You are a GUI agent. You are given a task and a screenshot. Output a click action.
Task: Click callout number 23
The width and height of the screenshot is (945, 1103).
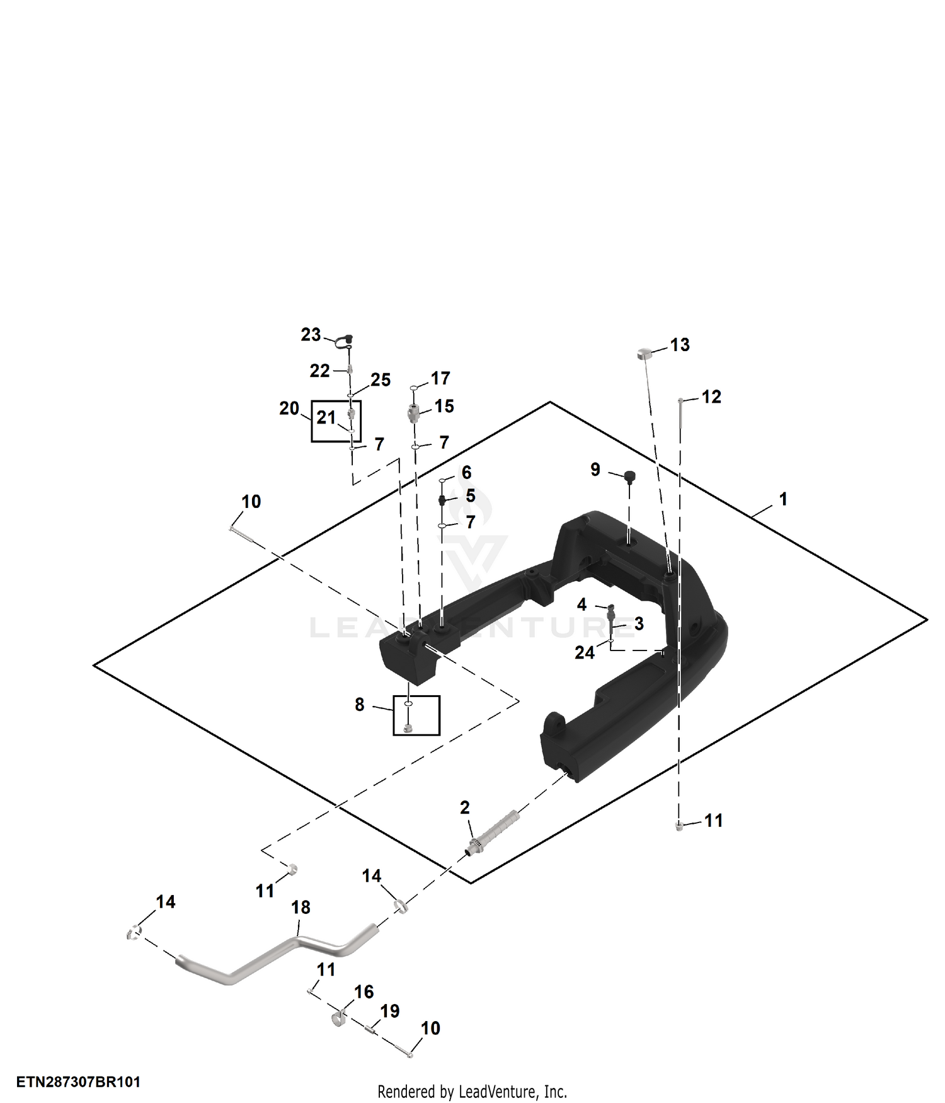pyautogui.click(x=311, y=335)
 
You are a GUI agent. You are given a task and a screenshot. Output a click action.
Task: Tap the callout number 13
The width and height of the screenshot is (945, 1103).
pyautogui.click(x=680, y=345)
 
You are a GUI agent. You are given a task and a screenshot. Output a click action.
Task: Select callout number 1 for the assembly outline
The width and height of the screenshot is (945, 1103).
pyautogui.click(x=783, y=499)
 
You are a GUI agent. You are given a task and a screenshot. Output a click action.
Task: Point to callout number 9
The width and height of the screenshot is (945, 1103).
pyautogui.click(x=595, y=470)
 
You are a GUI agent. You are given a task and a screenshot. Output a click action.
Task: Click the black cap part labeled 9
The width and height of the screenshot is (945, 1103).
pyautogui.click(x=629, y=476)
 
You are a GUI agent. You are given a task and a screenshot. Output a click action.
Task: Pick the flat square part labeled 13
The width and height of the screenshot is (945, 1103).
pyautogui.click(x=643, y=353)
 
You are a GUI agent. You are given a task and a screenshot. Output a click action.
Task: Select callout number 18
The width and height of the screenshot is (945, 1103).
pyautogui.click(x=301, y=907)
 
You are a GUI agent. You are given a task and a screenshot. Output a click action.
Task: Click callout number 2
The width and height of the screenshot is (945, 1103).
pyautogui.click(x=465, y=807)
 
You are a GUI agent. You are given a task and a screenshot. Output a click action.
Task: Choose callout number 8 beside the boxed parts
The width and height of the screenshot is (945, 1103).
pyautogui.click(x=360, y=705)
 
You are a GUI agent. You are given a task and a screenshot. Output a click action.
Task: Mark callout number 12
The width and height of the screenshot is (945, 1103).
pyautogui.click(x=711, y=396)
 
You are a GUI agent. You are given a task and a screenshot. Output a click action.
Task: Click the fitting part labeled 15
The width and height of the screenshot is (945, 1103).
pyautogui.click(x=413, y=413)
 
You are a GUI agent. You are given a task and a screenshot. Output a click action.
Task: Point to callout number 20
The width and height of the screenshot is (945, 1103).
pyautogui.click(x=289, y=408)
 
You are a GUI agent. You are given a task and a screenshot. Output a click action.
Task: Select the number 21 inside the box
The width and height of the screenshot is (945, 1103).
pyautogui.click(x=326, y=417)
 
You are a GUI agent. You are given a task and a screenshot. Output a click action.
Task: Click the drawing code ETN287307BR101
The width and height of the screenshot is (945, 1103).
pyautogui.click(x=78, y=1082)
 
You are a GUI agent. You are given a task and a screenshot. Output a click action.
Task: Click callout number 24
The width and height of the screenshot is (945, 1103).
pyautogui.click(x=585, y=652)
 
